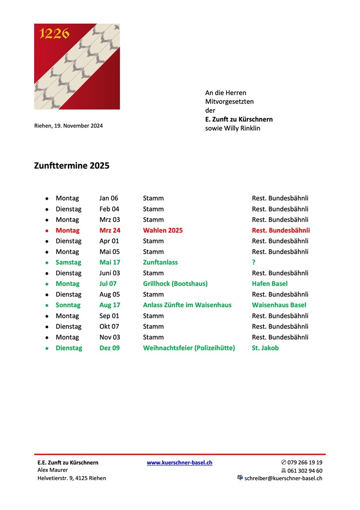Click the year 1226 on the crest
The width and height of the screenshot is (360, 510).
coord(54,34)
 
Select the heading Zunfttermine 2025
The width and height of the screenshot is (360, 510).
coord(71,166)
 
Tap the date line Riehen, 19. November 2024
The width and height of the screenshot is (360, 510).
coord(68,126)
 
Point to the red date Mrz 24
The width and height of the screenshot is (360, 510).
coord(110,230)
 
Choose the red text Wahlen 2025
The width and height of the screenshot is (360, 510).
coord(163,230)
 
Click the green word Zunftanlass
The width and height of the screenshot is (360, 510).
coord(160,262)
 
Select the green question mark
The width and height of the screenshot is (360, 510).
coord(254,262)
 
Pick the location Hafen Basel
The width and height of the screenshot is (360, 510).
coord(269,284)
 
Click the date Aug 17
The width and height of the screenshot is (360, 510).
coord(110,305)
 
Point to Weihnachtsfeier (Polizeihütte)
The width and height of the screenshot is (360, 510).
coord(189,348)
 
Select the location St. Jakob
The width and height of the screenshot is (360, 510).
coord(265,348)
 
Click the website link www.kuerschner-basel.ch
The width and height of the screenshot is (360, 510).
coord(179,463)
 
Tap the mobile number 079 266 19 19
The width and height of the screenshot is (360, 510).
coord(305,463)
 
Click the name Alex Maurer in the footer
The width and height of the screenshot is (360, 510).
coord(52,470)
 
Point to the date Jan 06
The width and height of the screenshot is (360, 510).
coord(109,198)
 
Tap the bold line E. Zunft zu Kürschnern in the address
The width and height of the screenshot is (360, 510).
coord(239,119)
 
